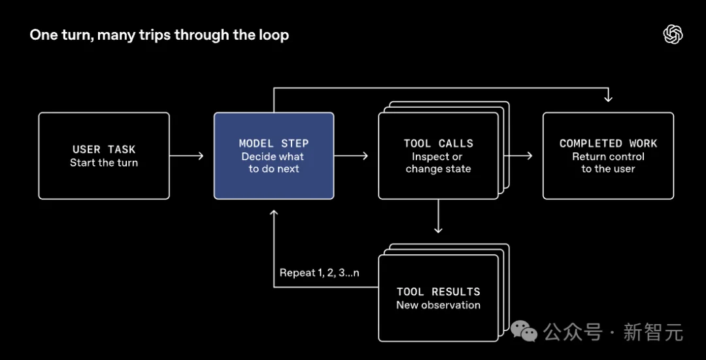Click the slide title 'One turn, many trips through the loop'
pos(160,35)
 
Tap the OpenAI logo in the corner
pos(673,35)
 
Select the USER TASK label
pos(104,150)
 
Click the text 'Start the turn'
pos(104,163)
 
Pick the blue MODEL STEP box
pos(274,155)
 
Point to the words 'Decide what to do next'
pos(273,163)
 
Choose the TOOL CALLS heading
pos(439,144)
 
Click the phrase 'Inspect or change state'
pos(439,163)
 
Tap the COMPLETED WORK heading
pos(609,144)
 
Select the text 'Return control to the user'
pos(609,163)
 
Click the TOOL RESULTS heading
pos(439,292)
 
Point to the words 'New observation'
pos(439,305)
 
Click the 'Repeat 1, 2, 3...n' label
pos(320,272)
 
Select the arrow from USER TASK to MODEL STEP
pos(187,155)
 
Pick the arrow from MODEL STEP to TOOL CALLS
pos(351,155)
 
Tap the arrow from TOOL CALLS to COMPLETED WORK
pos(518,155)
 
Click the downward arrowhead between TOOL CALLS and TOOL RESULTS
pos(438,229)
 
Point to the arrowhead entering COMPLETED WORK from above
pos(609,99)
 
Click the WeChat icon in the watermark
pos(524,332)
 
